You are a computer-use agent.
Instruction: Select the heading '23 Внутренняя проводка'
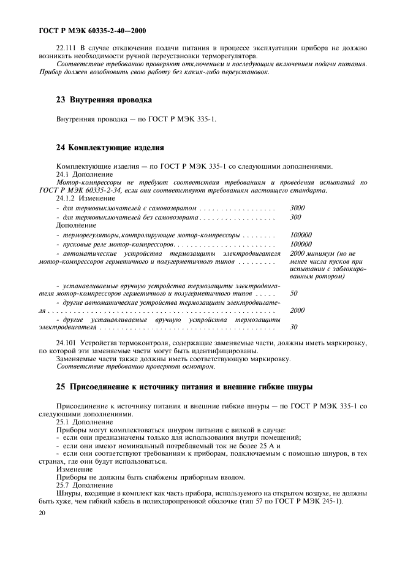click(x=104, y=99)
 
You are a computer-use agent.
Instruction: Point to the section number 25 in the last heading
click(x=61, y=387)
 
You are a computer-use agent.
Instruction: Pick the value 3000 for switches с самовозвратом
click(x=297, y=208)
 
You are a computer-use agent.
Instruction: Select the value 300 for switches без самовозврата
click(x=295, y=217)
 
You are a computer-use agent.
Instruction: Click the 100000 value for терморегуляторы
click(x=300, y=235)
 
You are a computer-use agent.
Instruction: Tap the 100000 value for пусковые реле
click(x=300, y=243)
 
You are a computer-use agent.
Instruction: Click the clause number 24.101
click(x=69, y=342)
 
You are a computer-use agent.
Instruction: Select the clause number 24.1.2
click(x=67, y=199)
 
